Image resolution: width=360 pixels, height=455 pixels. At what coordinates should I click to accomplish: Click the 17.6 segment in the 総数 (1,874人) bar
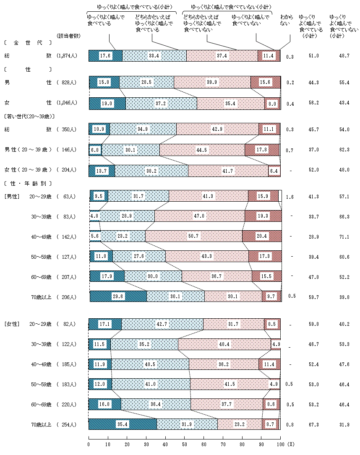(105, 56)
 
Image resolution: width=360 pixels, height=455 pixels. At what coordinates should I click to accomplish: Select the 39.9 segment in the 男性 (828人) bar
(212, 82)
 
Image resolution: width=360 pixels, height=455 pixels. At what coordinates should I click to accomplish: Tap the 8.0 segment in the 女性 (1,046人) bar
(272, 103)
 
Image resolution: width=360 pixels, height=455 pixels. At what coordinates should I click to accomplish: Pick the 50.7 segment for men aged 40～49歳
(193, 237)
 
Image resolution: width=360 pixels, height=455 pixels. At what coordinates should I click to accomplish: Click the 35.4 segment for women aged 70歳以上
(123, 424)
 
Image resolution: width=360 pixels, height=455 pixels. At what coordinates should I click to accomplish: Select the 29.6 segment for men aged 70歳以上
(118, 296)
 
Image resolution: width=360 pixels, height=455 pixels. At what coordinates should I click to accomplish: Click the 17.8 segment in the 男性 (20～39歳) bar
(262, 150)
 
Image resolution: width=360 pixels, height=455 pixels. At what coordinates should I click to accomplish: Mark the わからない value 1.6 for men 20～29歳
(289, 197)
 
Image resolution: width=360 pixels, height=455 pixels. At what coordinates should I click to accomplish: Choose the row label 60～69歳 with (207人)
(52, 277)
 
